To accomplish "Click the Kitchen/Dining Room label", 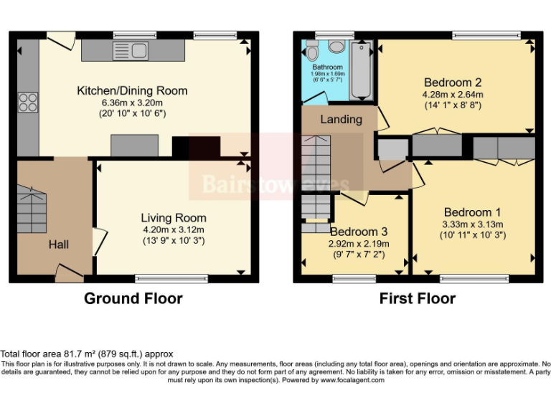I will point(132,91).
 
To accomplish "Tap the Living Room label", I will point(173,218).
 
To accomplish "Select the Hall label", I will point(59,245).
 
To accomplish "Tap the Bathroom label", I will point(326,67).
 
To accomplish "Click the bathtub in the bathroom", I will point(361,70).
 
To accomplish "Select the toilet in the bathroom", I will point(312,50).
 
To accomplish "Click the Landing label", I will point(341,119).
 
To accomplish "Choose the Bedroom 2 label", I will point(453,81).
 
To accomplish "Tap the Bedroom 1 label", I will point(472,212).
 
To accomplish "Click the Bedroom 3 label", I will point(359,232).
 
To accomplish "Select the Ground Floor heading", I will point(133,298).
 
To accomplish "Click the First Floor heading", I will point(418,298).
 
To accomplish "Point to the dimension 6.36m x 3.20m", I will point(132,103).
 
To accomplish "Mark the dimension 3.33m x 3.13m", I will point(472,224).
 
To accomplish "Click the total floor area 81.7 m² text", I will point(87,354).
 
